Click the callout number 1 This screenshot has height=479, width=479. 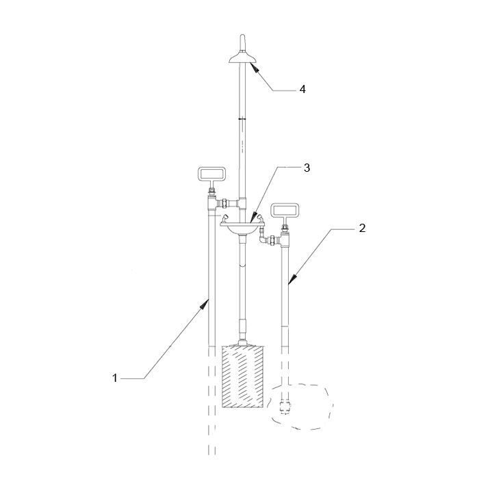tap(115, 378)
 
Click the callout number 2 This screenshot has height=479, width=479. tap(362, 228)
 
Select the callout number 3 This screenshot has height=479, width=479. tap(307, 168)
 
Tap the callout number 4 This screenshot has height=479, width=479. tap(302, 89)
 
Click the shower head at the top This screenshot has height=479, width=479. tap(242, 58)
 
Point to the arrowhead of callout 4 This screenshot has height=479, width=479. tap(254, 67)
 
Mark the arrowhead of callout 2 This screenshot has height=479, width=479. tap(292, 279)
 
